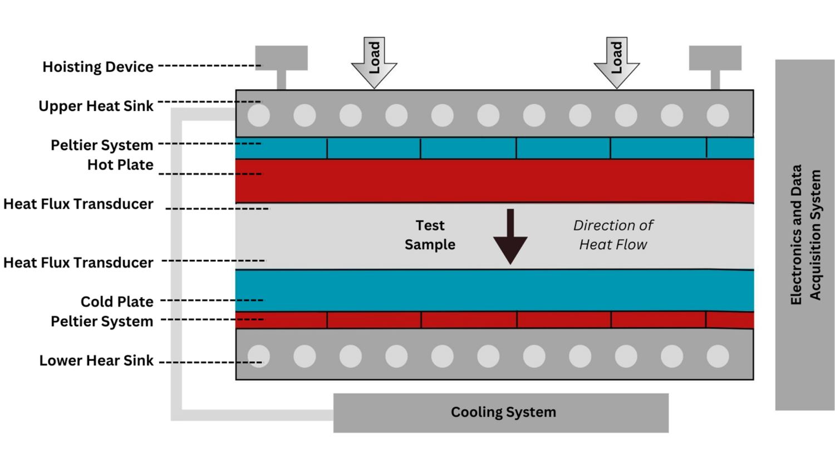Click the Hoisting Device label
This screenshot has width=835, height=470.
click(x=98, y=67)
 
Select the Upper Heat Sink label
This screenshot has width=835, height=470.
click(x=96, y=106)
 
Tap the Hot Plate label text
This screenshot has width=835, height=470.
click(x=120, y=165)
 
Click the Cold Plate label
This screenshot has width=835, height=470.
click(x=117, y=302)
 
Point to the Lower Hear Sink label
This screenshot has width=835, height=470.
click(x=96, y=361)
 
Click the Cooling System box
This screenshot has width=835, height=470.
click(x=501, y=413)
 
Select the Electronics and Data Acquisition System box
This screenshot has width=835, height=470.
click(x=804, y=235)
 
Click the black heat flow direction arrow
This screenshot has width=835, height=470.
click(x=510, y=236)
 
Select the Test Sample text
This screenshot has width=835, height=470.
click(x=430, y=235)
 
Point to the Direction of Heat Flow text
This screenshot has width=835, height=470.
click(x=613, y=235)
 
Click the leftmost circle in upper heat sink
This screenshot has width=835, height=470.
click(x=259, y=115)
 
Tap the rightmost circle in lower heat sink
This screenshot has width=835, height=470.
click(x=718, y=356)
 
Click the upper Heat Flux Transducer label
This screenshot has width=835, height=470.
click(x=78, y=204)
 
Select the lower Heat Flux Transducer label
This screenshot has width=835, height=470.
click(x=78, y=263)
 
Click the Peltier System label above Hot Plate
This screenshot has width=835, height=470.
click(x=102, y=145)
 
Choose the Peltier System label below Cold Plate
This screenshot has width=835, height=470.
click(x=102, y=322)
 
